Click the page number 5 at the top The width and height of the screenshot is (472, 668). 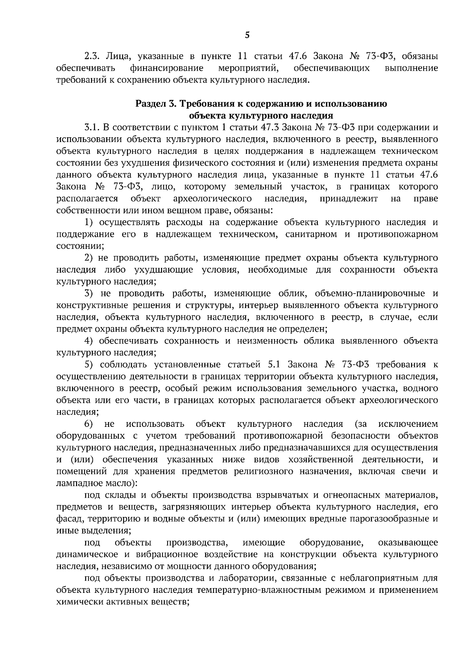point(247,35)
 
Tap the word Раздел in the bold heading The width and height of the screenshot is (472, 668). point(150,104)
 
